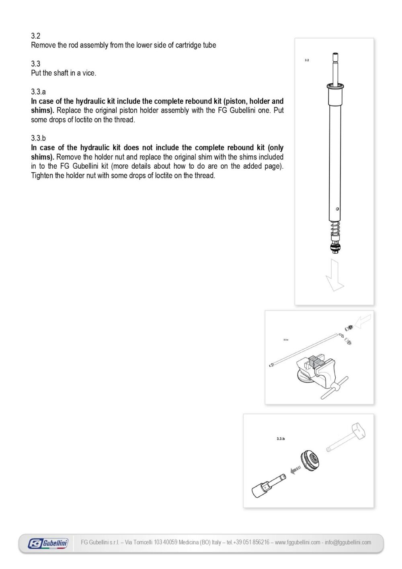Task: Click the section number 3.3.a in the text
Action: click(x=39, y=92)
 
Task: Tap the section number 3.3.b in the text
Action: click(x=39, y=139)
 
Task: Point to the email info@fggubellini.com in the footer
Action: click(x=348, y=542)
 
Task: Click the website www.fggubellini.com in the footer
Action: click(x=297, y=542)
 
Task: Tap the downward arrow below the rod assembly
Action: click(x=334, y=275)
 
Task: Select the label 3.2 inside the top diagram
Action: click(x=307, y=60)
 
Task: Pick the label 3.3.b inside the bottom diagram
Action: click(x=281, y=438)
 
